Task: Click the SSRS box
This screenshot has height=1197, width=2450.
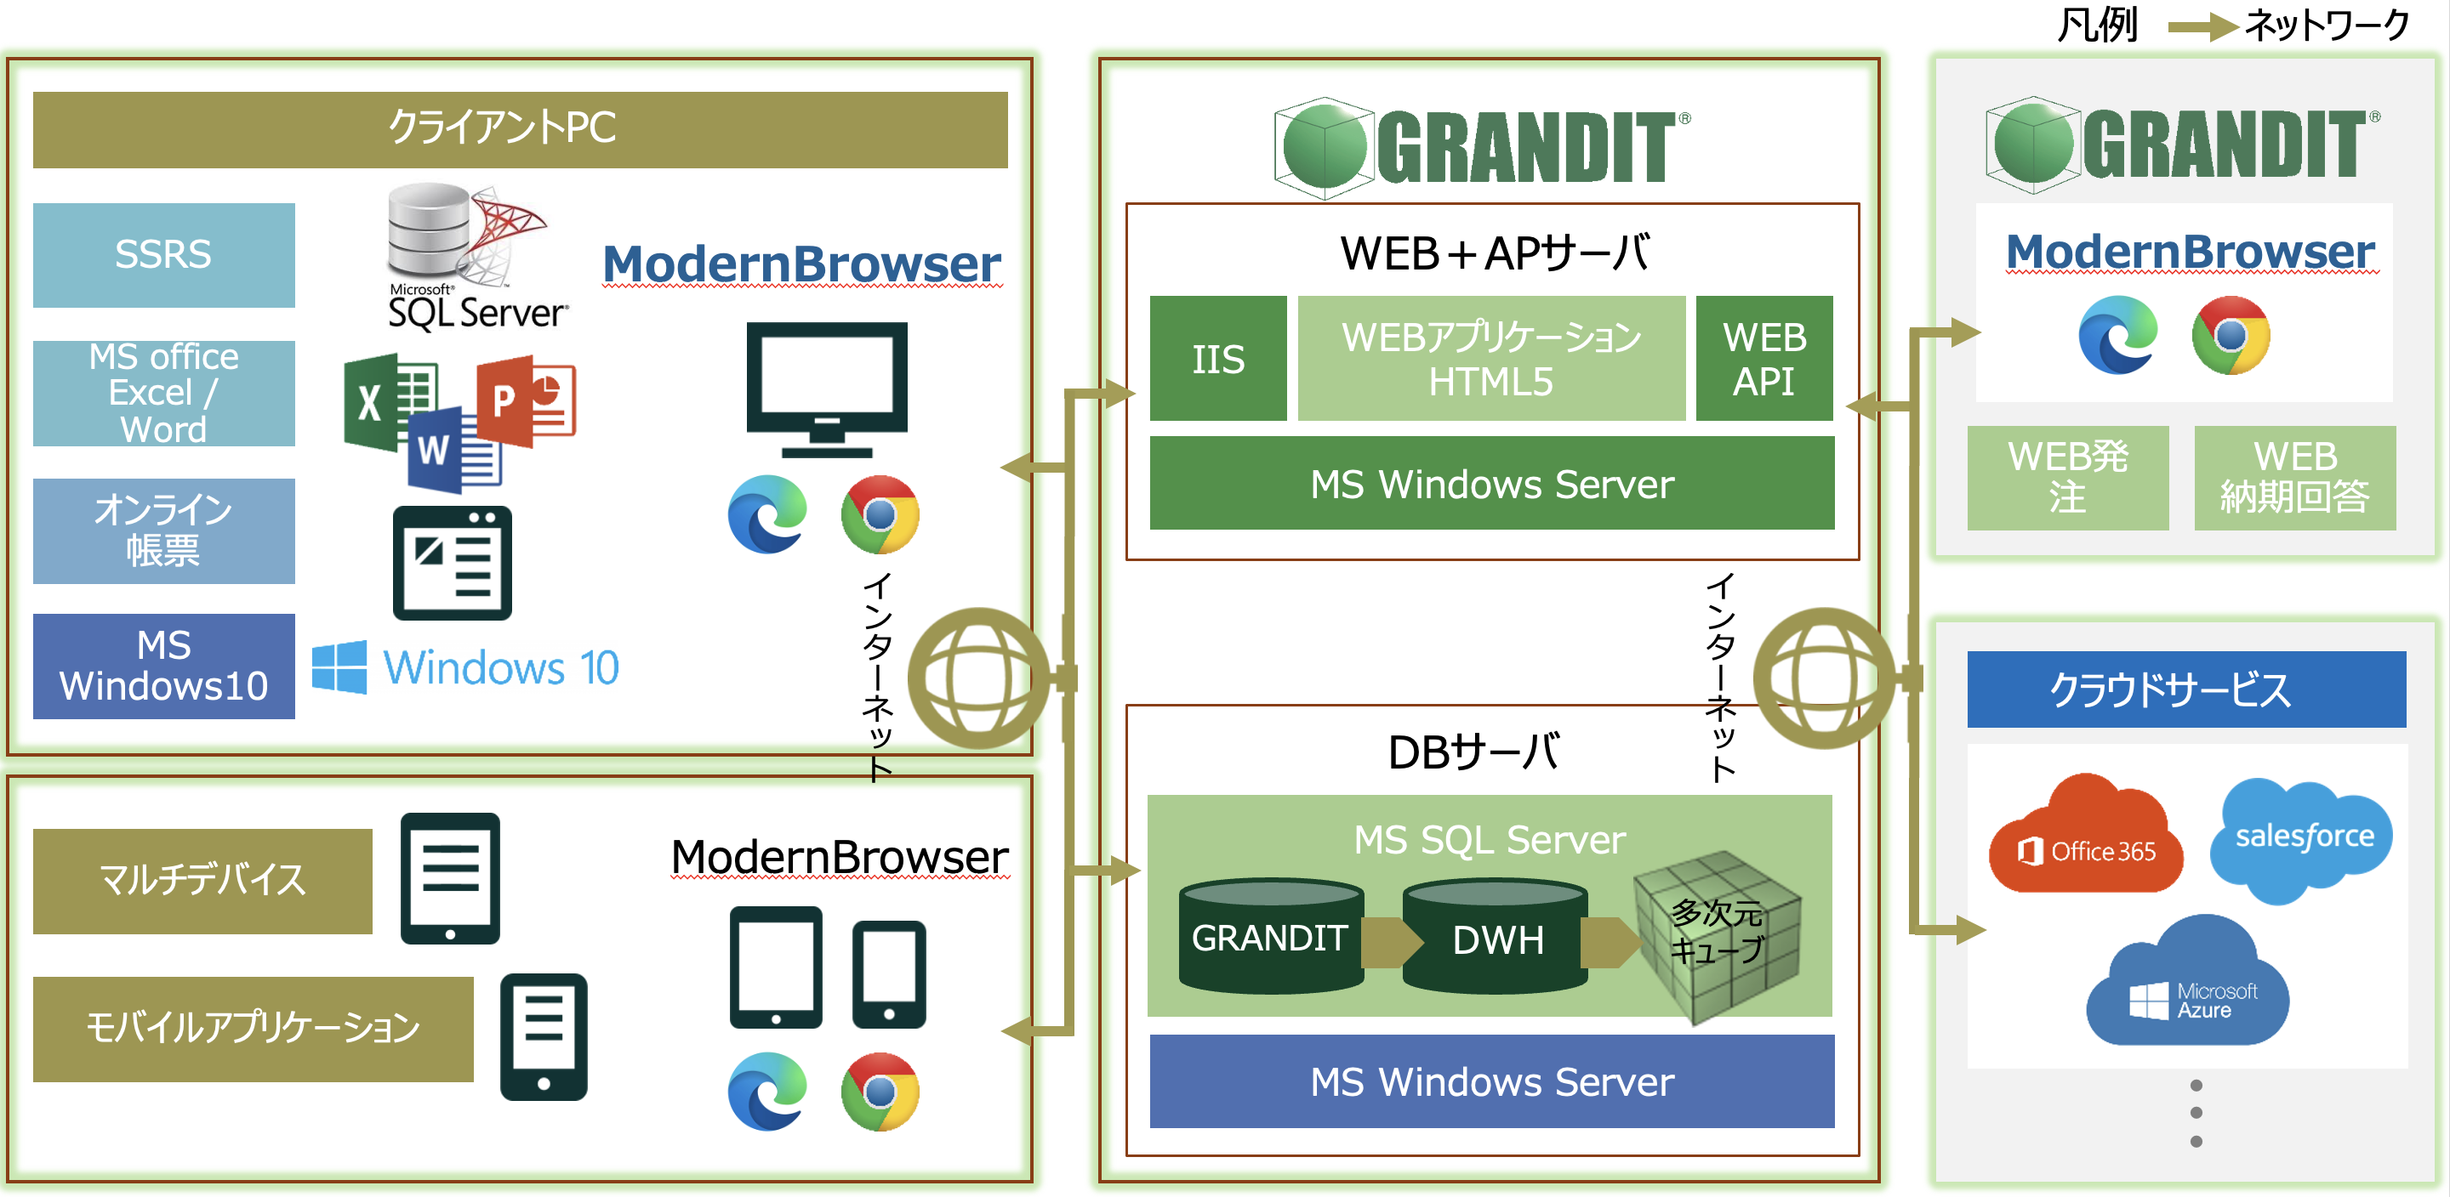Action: click(x=163, y=255)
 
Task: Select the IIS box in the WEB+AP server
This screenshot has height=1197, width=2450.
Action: click(x=1217, y=359)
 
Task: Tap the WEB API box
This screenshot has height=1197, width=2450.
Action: click(x=1763, y=359)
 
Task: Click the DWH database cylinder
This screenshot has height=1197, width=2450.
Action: click(x=1496, y=938)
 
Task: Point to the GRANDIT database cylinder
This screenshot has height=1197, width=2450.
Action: click(x=1271, y=938)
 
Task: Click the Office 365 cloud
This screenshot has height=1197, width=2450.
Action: click(x=2085, y=837)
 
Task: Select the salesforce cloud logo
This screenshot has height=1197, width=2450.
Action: click(x=2303, y=837)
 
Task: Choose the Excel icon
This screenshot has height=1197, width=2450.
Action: click(x=385, y=402)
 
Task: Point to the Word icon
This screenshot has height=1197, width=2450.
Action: click(x=453, y=450)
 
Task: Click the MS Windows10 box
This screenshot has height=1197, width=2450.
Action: click(x=163, y=666)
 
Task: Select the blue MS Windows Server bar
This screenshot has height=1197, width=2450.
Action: click(x=1490, y=1082)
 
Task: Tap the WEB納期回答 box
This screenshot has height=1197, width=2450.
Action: click(x=2294, y=477)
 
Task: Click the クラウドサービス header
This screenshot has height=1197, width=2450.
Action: click(x=2185, y=689)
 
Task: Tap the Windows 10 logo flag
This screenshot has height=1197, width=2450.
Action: click(x=339, y=667)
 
